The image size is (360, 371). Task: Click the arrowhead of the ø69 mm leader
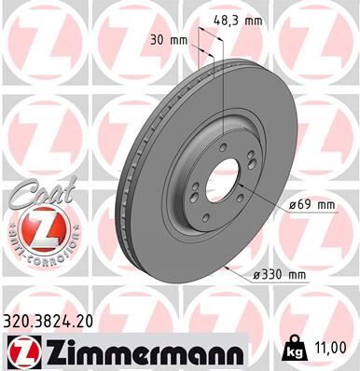pos(241,187)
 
